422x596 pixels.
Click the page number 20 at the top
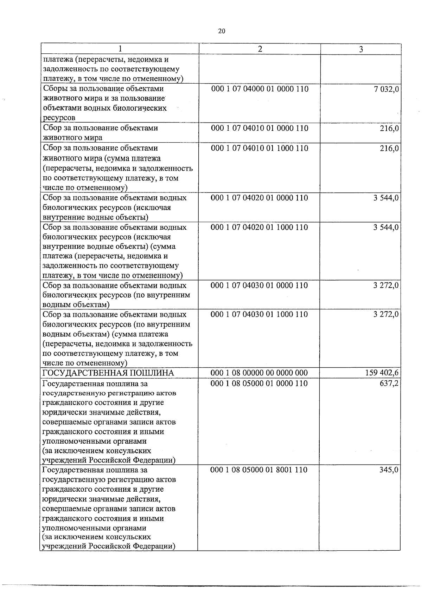221,31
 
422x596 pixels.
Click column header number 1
120,49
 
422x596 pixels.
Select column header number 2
260,49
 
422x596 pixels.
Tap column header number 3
361,49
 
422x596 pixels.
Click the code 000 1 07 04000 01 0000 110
260,89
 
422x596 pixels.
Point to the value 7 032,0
386,90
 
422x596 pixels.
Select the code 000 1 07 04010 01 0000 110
260,128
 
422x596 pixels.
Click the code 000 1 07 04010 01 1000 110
260,148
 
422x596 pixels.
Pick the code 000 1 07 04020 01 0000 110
259,198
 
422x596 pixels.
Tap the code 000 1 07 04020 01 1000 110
259,227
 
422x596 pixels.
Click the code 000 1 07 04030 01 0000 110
259,285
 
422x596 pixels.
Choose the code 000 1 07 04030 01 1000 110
259,314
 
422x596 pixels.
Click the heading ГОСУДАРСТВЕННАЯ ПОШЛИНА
108,373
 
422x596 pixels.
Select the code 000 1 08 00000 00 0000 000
259,373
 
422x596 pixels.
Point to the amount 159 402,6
382,373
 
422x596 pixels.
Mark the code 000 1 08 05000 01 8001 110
259,470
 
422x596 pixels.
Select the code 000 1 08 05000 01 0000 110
259,383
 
